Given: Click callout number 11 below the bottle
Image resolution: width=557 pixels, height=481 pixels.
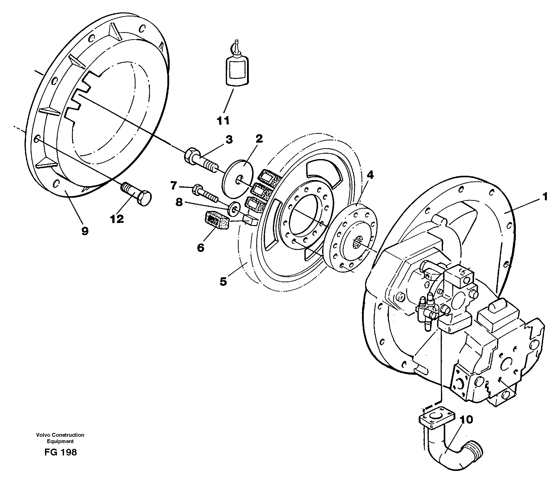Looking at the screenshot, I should coord(223,121).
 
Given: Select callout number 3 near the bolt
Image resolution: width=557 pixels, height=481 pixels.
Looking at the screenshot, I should coord(229,140).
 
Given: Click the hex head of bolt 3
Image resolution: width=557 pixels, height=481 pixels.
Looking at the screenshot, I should coord(190,156).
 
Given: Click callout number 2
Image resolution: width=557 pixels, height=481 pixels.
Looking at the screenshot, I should coord(259,139).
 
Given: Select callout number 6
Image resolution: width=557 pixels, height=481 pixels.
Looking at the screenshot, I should coord(200,248).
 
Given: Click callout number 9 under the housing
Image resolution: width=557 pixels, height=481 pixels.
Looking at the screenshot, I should coord(85,231).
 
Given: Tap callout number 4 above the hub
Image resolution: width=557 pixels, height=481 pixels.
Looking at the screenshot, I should coord(370,175).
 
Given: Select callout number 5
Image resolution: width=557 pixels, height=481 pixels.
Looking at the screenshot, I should coord(223,281).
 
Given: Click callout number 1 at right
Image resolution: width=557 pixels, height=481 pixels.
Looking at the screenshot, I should coord(545,197).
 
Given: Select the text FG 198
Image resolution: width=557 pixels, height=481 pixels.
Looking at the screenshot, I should coord(61,452).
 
